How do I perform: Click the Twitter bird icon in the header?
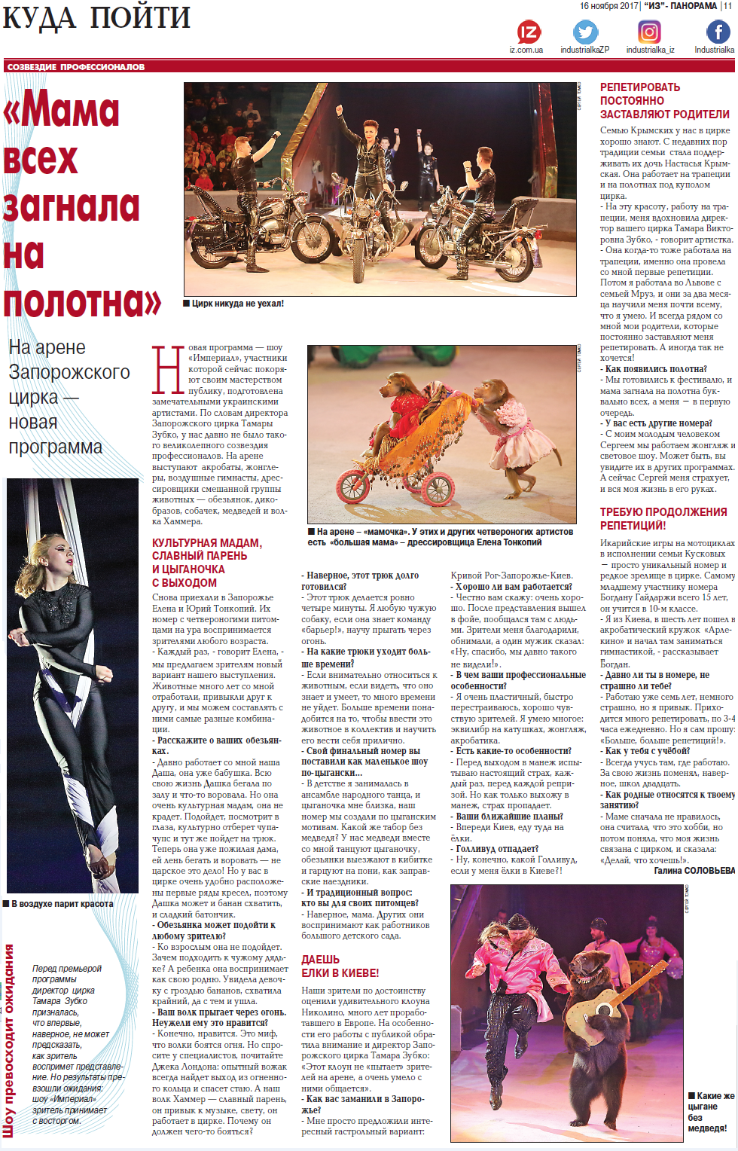coord(585,32)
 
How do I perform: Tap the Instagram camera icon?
coord(649,32)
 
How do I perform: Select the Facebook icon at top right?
coord(717,32)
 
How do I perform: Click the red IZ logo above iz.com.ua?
coord(529,32)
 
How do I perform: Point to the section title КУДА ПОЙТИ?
coord(96,18)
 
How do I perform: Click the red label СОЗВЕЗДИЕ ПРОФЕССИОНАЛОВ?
coord(76,67)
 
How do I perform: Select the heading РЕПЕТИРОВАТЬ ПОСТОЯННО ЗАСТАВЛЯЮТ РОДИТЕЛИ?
coord(664,101)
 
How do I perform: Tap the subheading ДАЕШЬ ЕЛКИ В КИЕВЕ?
coord(340,966)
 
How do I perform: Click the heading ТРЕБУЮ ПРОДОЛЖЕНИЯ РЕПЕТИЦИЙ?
coord(663,518)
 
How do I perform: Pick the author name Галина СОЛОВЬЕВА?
coord(694,870)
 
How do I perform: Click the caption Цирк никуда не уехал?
coord(237,304)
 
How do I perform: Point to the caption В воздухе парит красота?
coord(62,904)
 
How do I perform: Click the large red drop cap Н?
coord(168,370)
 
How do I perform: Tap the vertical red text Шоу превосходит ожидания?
coord(9,1040)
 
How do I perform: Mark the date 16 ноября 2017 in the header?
coord(608,6)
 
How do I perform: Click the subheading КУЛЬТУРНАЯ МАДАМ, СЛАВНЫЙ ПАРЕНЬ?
coord(207,549)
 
